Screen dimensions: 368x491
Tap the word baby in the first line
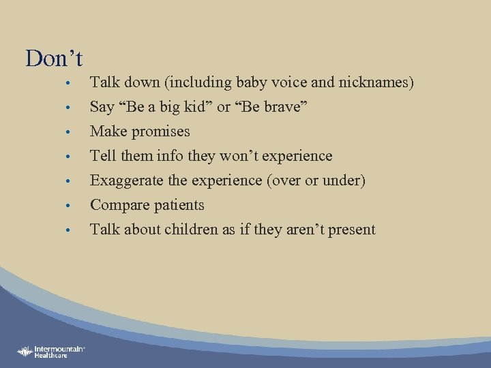[x=254, y=82]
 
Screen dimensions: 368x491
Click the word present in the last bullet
[x=351, y=230]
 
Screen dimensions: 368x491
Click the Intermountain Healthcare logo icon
[x=25, y=352]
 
